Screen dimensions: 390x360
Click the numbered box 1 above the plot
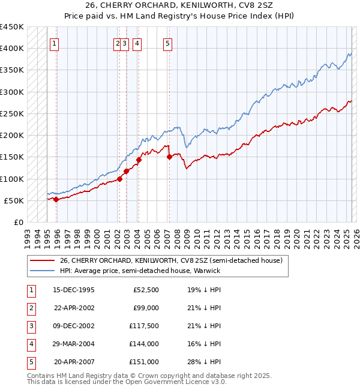(x=55, y=43)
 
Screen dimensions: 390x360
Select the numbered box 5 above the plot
(x=167, y=43)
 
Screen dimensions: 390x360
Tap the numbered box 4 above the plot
(x=137, y=43)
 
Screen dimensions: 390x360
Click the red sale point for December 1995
(x=56, y=199)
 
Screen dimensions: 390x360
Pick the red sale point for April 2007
(x=169, y=157)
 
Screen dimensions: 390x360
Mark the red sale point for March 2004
(x=139, y=160)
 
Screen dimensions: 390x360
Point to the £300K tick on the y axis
(x=12, y=92)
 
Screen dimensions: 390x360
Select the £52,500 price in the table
(x=146, y=290)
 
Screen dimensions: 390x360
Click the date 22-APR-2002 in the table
(x=74, y=308)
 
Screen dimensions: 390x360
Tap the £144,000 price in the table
(x=145, y=344)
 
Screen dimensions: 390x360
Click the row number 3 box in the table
(x=31, y=326)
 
